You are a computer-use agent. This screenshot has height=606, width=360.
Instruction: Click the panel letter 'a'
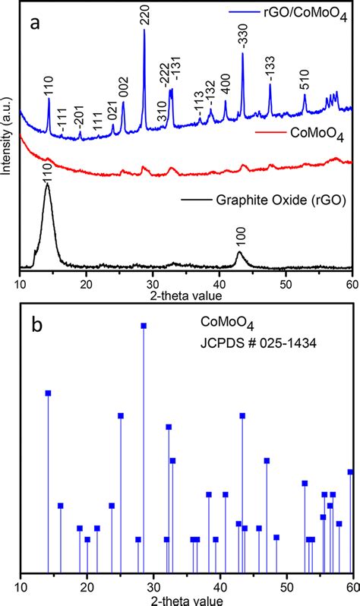(36, 23)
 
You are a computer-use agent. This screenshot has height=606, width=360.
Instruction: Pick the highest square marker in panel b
(144, 326)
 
